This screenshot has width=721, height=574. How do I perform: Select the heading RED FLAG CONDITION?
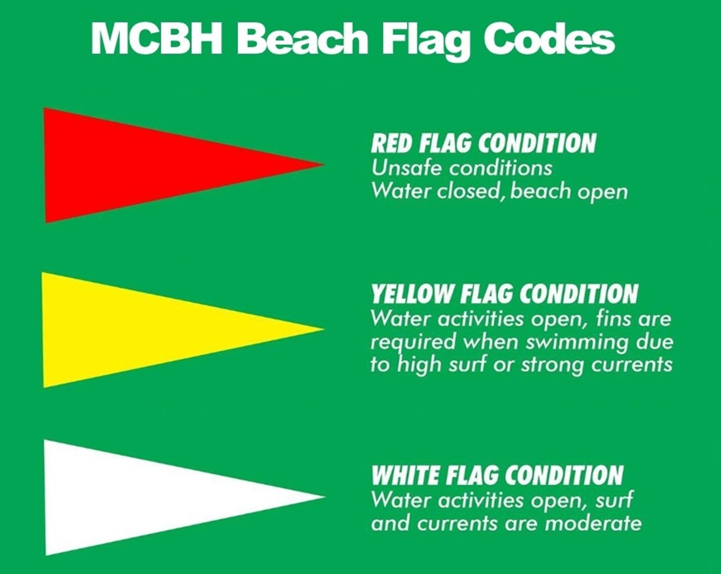pyautogui.click(x=483, y=143)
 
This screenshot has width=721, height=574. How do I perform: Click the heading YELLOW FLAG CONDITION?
pyautogui.click(x=504, y=294)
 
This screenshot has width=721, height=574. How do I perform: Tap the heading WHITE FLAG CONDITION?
pyautogui.click(x=497, y=476)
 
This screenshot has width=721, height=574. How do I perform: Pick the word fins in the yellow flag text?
pyautogui.click(x=604, y=319)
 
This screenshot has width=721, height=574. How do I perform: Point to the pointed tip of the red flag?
pyautogui.click(x=324, y=164)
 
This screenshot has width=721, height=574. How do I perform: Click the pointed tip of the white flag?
pyautogui.click(x=324, y=497)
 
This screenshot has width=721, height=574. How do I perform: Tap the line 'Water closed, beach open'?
pyautogui.click(x=499, y=192)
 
